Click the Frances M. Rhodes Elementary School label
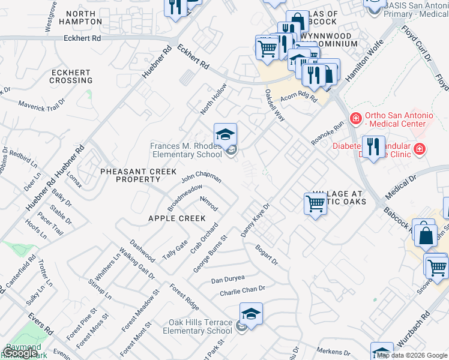click(186, 150)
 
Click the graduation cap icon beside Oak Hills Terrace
click(251, 313)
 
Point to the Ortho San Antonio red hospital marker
click(356, 119)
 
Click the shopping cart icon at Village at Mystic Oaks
click(315, 204)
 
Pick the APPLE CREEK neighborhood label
click(177, 218)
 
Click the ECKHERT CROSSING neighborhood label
click(71, 76)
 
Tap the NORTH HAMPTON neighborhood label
click(84, 17)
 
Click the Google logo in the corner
click(20, 353)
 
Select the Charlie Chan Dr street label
click(242, 290)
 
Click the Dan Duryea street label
click(228, 280)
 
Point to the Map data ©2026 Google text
click(412, 355)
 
